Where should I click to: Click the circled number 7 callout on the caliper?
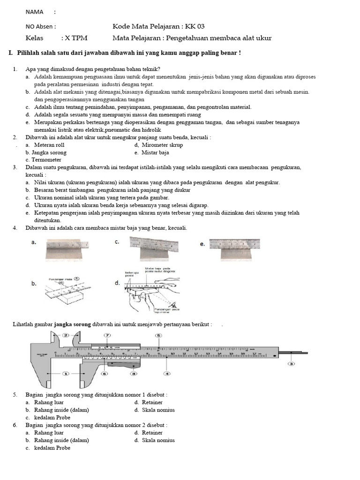point(107,336)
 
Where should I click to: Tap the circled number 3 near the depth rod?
point(292,364)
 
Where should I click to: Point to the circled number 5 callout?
point(158,336)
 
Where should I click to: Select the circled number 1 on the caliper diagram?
point(65,374)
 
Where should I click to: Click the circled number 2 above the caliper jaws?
point(66,335)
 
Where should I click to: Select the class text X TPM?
point(76,38)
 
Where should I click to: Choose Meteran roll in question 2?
point(52,145)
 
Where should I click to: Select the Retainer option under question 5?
point(152,402)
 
